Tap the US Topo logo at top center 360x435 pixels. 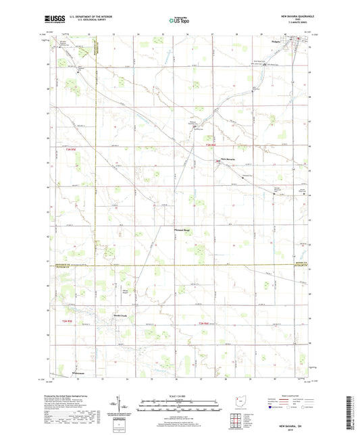(x=179, y=22)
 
